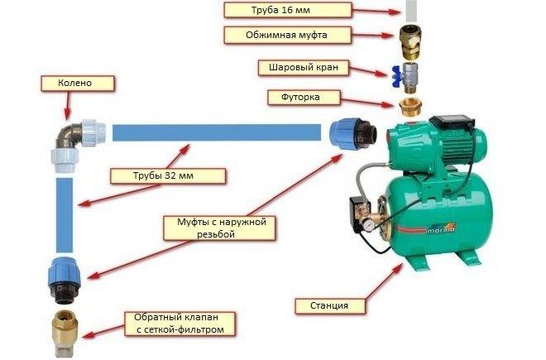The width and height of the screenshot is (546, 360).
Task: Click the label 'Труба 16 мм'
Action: [288, 10]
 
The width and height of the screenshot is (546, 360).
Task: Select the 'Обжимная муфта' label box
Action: [287, 36]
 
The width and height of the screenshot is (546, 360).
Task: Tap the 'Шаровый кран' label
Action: [304, 67]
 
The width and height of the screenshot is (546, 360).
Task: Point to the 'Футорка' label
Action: [304, 97]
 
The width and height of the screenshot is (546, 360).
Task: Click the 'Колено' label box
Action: [77, 84]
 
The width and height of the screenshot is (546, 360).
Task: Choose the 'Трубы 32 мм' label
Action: [168, 175]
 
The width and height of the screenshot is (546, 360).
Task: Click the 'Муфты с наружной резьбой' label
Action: [219, 228]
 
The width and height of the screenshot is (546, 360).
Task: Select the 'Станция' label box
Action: [330, 306]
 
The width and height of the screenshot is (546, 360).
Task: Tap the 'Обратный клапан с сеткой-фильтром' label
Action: [180, 324]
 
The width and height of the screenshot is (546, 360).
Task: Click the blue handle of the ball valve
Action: [396, 77]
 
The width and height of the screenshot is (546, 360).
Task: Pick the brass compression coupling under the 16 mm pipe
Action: [410, 41]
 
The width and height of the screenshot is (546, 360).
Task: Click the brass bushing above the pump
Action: [410, 107]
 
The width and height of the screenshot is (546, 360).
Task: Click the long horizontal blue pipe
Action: [217, 132]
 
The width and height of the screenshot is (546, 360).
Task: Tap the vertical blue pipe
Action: [65, 215]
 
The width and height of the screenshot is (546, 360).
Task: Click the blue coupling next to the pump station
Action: [353, 134]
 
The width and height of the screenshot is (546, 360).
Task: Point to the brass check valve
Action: [65, 332]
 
